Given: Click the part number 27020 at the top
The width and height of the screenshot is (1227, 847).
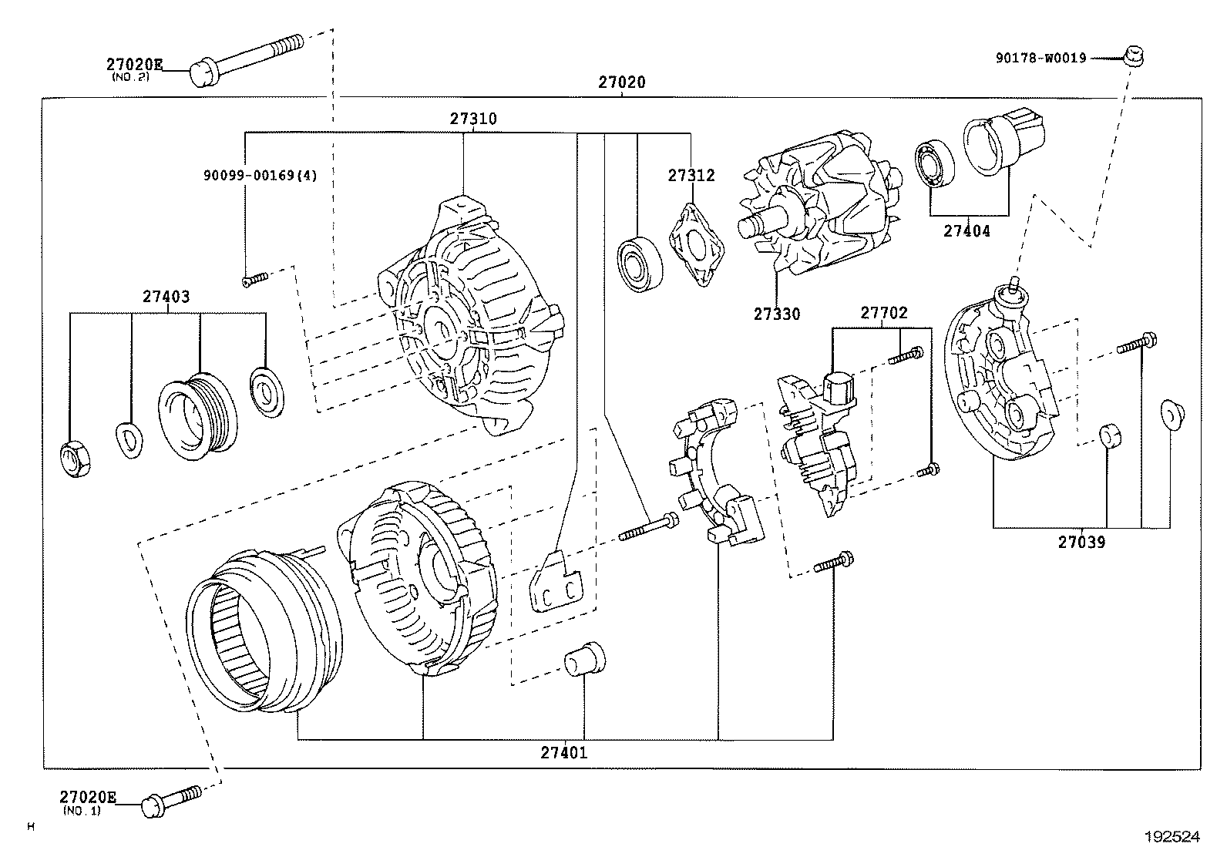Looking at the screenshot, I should point(621,82).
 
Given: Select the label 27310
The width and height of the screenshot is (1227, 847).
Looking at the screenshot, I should point(473,119).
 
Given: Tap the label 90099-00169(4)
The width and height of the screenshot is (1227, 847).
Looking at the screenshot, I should point(260,176).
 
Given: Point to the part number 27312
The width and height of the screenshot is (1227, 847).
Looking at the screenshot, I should point(691,176).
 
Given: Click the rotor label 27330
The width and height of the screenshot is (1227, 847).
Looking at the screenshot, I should point(776,314).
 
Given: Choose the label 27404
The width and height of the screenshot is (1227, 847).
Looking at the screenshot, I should point(966,230).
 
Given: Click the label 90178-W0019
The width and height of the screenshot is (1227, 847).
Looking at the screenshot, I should point(1040,58).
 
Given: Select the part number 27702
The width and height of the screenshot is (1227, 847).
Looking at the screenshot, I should point(884,314).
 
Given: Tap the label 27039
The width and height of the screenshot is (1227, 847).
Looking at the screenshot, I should point(1081,543).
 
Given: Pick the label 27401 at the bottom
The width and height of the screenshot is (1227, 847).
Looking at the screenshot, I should point(563,753).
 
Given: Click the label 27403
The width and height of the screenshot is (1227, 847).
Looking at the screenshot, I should point(165,297).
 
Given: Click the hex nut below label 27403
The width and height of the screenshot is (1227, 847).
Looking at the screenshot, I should point(74,460).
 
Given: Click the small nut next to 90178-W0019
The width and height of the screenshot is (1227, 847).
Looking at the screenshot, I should point(1131,55).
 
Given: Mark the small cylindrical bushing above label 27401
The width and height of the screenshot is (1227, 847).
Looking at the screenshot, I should point(584,658).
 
